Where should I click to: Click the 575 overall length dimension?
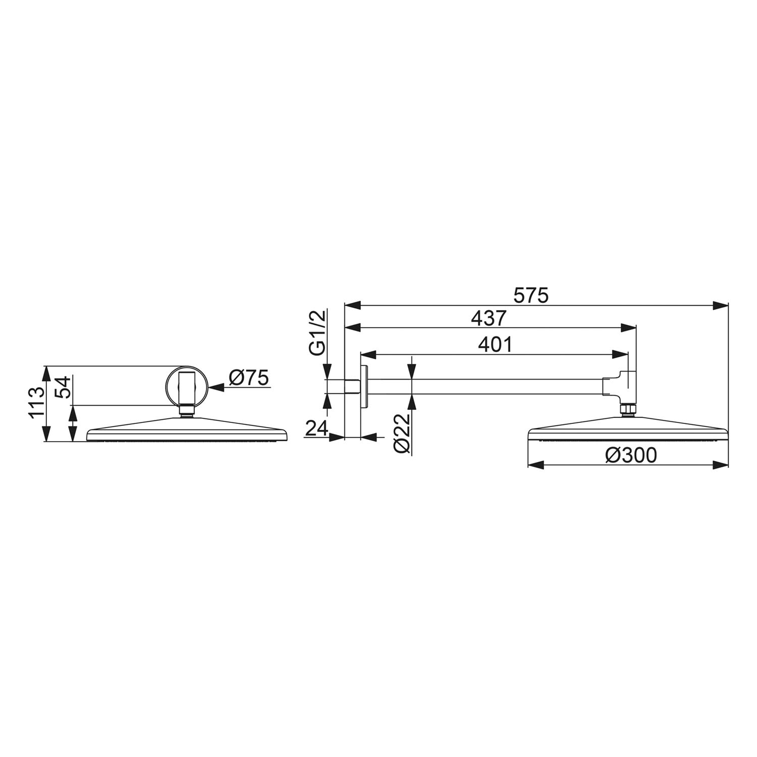530,295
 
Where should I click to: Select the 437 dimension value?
488,318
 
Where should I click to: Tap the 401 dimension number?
495,344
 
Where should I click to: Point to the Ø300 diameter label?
631,455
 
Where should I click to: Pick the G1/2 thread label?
318,333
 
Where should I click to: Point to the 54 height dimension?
63,387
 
